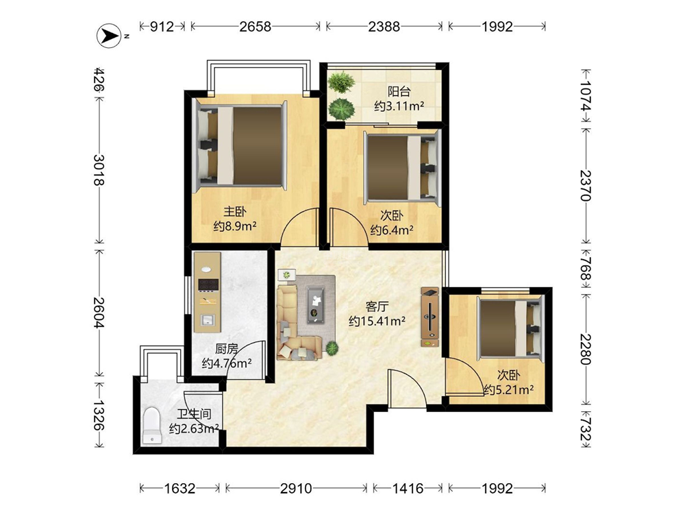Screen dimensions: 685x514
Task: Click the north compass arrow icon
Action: (x=109, y=36)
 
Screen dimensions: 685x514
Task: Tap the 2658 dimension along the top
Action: (x=255, y=27)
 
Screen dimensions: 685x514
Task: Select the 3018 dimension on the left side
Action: (x=99, y=170)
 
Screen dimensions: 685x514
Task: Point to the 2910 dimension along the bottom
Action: (x=296, y=488)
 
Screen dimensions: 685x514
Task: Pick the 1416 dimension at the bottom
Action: (x=408, y=488)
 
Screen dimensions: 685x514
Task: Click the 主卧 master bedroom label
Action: (x=235, y=212)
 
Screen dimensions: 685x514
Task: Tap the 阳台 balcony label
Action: (x=399, y=91)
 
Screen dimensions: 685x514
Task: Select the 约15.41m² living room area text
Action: (x=377, y=321)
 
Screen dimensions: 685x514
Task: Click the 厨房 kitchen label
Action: (x=227, y=349)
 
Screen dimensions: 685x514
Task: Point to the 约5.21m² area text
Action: (x=508, y=389)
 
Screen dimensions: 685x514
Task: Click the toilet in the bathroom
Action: (x=152, y=426)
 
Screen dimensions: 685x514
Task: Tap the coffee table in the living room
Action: (x=315, y=305)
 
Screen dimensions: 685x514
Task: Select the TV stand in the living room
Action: (x=430, y=317)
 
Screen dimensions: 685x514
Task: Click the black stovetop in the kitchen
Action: (x=208, y=284)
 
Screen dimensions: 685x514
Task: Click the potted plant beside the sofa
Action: (x=332, y=348)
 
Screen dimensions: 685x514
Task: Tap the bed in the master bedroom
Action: (x=240, y=145)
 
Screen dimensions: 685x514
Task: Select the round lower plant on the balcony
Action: (x=342, y=108)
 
